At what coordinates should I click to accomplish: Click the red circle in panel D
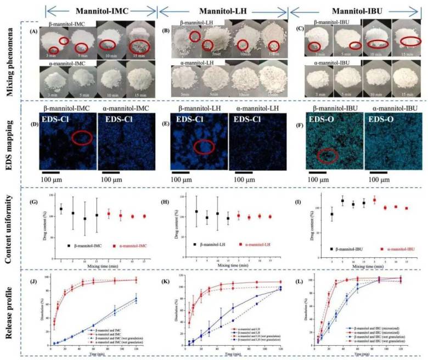pyautogui.click(x=82, y=138)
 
